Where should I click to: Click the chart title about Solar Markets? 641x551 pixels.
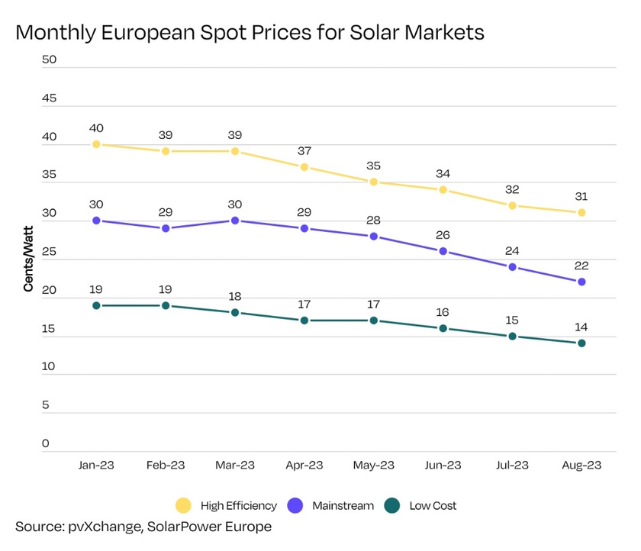pyautogui.click(x=250, y=34)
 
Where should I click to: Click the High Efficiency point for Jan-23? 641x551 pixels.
pyautogui.click(x=96, y=144)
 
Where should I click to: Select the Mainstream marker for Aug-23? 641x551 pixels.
pyautogui.click(x=581, y=282)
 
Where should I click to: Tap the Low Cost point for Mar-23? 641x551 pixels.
pyautogui.click(x=235, y=313)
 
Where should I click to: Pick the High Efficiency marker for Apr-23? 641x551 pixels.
pyautogui.click(x=304, y=167)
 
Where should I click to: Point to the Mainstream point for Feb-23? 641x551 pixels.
pyautogui.click(x=166, y=228)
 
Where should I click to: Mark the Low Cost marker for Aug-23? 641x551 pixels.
pyautogui.click(x=581, y=343)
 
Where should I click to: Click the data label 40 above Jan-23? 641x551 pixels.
pyautogui.click(x=96, y=127)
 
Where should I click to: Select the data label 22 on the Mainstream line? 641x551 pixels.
pyautogui.click(x=581, y=265)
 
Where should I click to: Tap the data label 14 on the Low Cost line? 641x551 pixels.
pyautogui.click(x=581, y=327)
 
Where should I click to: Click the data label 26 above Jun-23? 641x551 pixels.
pyautogui.click(x=443, y=234)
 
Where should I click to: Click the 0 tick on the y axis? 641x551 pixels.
pyautogui.click(x=47, y=443)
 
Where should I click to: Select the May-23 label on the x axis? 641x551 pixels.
pyautogui.click(x=374, y=466)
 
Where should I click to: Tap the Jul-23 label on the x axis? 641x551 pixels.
pyautogui.click(x=512, y=466)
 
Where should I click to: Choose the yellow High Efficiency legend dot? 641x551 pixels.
pyautogui.click(x=183, y=505)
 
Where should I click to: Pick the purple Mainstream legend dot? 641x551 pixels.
pyautogui.click(x=296, y=505)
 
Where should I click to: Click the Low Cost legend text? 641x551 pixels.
pyautogui.click(x=433, y=505)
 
